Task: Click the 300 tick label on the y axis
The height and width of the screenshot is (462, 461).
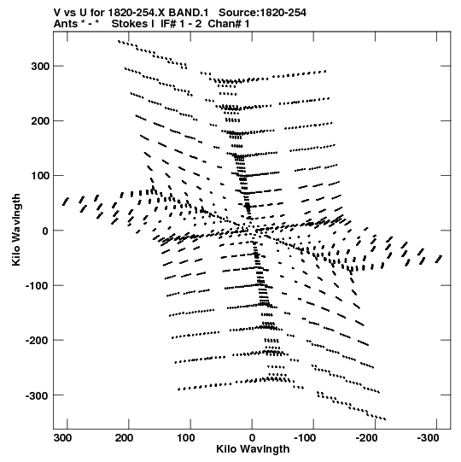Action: tap(40, 67)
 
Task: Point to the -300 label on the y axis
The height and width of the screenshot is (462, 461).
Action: tap(38, 395)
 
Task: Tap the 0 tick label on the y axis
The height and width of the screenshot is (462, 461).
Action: tap(45, 231)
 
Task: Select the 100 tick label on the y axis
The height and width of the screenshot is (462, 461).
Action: tap(40, 176)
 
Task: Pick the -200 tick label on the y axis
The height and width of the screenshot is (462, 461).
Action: tap(38, 341)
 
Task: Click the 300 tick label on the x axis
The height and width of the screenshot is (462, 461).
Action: tap(63, 438)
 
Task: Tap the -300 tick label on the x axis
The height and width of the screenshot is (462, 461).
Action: tap(428, 438)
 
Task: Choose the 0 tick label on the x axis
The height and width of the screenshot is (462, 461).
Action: tap(252, 438)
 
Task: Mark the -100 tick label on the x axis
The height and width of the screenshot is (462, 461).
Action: tap(305, 438)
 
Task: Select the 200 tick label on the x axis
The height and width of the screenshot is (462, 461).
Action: tap(125, 438)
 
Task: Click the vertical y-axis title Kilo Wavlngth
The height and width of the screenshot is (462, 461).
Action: tap(16, 230)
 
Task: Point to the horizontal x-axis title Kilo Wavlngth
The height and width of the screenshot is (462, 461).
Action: tap(253, 449)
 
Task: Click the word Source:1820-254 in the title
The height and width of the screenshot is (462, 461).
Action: tap(262, 13)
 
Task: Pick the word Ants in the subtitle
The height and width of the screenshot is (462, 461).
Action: tap(66, 24)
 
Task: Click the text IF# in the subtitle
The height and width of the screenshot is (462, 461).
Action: tap(168, 24)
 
